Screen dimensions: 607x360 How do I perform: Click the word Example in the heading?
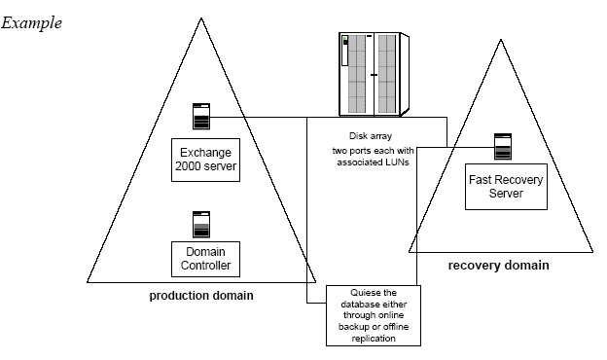coord(31,23)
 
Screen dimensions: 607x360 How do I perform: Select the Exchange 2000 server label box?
coord(205,160)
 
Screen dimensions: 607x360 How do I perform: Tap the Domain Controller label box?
coord(205,260)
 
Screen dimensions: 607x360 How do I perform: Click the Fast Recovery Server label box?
coord(506,187)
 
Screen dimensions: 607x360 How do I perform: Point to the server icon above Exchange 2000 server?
coord(201,116)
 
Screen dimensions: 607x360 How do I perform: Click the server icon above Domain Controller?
coord(201,225)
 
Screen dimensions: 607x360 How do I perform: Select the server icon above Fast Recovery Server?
coord(503,146)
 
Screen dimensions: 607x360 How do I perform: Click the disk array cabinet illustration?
coord(374,74)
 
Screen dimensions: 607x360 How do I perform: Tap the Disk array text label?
coord(371,136)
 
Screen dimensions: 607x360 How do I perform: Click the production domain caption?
coord(201,296)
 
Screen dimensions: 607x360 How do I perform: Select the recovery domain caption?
coord(499,266)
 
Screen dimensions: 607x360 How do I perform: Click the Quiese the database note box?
coord(374,315)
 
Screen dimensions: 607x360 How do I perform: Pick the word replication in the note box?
coord(374,339)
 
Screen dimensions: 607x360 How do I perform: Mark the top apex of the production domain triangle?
coord(201,18)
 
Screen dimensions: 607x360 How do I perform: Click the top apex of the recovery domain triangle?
coord(501,39)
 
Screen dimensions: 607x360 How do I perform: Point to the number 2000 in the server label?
coord(187,166)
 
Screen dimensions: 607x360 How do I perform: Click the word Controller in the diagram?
coord(205,266)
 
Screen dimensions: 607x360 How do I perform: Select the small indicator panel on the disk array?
coord(345,51)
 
